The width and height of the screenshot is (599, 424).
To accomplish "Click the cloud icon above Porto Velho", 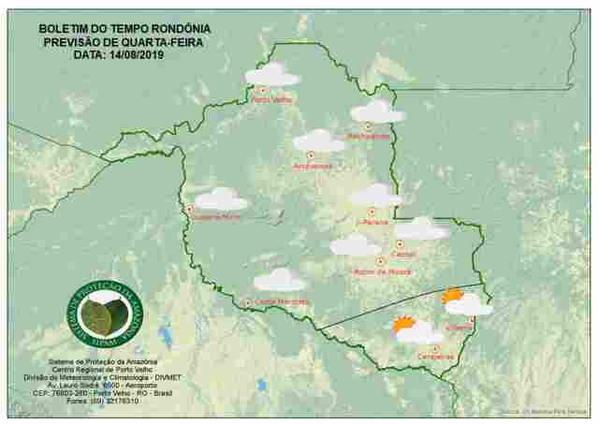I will coord(271,75).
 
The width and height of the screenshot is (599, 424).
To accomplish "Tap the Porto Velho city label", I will coord(271,99).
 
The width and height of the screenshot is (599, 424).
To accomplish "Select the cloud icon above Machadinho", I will coord(377,112).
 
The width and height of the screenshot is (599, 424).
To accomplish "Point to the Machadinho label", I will coord(369,137).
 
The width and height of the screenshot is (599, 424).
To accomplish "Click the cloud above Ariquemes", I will coord(318,141).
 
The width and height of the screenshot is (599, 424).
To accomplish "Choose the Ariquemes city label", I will coord(313,167).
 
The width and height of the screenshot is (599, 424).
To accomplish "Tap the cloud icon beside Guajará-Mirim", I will coord(221,199).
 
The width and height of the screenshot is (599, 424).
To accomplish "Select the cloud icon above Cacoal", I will coord(420,228).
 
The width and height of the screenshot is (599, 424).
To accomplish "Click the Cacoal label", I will coord(404,254).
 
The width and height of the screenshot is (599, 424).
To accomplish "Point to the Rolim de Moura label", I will coord(379,272).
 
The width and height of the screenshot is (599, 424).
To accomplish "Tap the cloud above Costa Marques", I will coord(280,280).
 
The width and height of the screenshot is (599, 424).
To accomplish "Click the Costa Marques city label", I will coord(281,301).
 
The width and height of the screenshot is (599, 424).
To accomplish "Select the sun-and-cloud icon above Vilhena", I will coord(466,302).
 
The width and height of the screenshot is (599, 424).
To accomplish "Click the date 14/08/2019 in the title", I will coord(146,54).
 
